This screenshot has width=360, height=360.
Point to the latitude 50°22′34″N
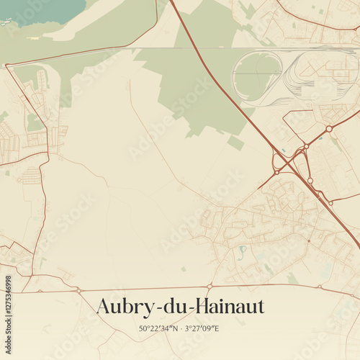pyautogui.click(x=159, y=328)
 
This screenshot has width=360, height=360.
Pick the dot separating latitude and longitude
pyautogui.click(x=181, y=328)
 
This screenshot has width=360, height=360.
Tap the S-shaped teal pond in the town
pyautogui.click(x=243, y=252)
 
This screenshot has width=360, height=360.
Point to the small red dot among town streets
pyautogui.click(x=308, y=240)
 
